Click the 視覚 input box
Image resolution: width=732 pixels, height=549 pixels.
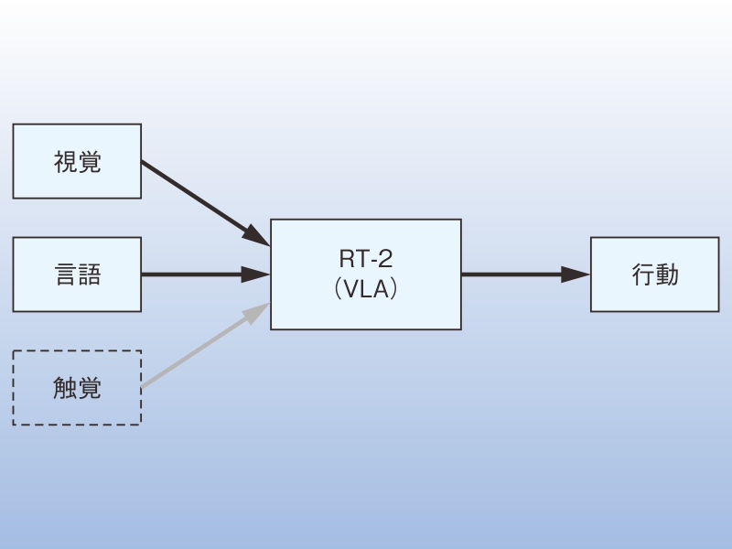(x=77, y=161)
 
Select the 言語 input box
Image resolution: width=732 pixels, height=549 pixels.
(x=77, y=274)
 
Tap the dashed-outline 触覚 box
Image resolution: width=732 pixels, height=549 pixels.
(x=77, y=388)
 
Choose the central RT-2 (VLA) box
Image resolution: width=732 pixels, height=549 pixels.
(x=366, y=274)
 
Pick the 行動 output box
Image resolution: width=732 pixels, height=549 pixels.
(x=654, y=274)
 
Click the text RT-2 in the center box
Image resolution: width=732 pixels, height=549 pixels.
(x=365, y=263)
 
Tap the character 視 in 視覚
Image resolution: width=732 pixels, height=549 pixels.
(x=65, y=162)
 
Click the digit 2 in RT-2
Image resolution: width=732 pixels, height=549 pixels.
(x=386, y=263)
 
